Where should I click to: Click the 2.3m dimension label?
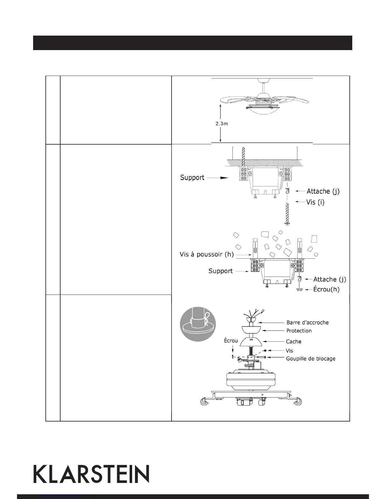tap(222, 124)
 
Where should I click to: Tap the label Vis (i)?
tap(315, 202)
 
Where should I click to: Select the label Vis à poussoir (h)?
tap(207, 254)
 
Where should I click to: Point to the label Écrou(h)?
tap(326, 289)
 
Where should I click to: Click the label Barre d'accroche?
tap(307, 323)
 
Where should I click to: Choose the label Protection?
tap(299, 331)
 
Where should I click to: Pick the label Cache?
tap(293, 341)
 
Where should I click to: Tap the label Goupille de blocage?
tap(310, 358)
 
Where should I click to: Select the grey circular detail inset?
tap(198, 324)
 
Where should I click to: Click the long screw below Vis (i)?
tap(287, 214)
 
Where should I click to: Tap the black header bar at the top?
tap(192, 43)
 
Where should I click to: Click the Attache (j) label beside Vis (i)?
tap(323, 191)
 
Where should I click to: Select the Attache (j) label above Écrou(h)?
tap(329, 279)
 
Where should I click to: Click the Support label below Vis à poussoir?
tap(220, 271)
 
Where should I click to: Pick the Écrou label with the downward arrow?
tap(231, 341)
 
